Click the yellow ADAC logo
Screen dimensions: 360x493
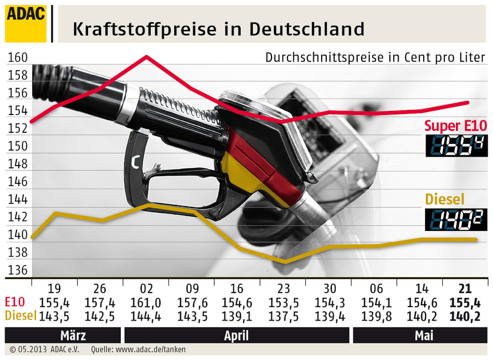pos(26,24)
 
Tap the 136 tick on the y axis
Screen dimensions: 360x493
pos(17,270)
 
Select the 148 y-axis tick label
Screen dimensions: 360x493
pos(17,164)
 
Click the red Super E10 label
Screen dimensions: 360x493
pos(455,126)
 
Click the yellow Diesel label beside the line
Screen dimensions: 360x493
pos(444,199)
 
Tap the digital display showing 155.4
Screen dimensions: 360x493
pos(456,145)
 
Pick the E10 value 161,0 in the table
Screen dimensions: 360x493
pos(145,303)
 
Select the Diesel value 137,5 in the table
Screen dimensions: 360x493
pos(284,316)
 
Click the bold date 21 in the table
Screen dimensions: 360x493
pos(465,289)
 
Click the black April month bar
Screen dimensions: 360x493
pos(236,335)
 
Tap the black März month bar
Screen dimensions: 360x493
pos(63,335)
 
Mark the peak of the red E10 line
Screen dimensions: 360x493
pos(146,56)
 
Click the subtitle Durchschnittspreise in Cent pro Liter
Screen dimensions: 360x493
pos(375,57)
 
